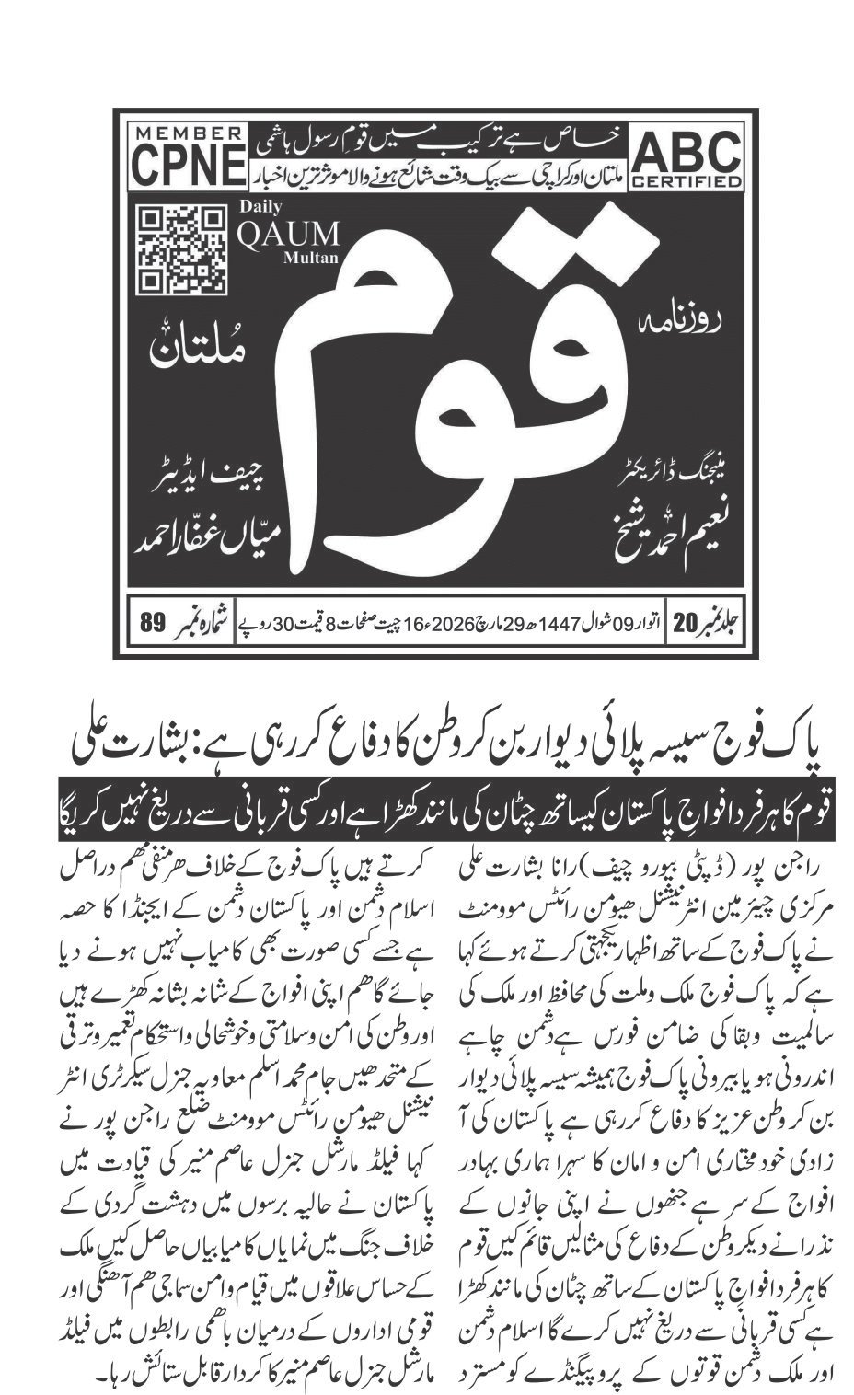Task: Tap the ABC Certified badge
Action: click(686, 156)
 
